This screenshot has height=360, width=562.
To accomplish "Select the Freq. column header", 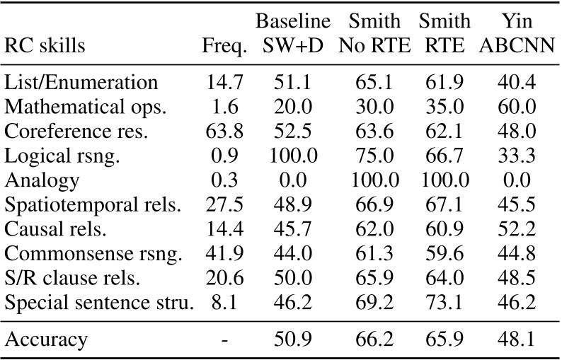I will tap(224, 47).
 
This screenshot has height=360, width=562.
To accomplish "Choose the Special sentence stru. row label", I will tap(98, 301).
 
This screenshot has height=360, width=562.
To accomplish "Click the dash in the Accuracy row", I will tap(224, 338).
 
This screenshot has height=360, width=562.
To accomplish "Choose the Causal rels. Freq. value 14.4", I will tap(224, 228).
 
